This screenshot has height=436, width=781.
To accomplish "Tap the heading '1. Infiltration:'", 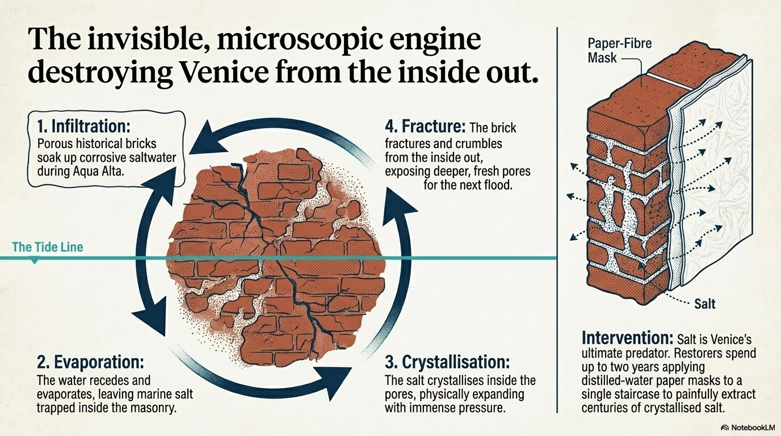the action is pos(83,126).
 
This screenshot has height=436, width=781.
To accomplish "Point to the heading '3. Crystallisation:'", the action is pos(447,363).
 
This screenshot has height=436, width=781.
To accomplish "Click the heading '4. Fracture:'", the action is pos(425,127).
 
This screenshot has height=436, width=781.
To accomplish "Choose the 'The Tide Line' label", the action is pos(48,247).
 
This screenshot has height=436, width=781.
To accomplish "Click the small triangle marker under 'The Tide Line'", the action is pos(34,261).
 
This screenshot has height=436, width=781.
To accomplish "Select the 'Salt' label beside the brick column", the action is pos(704,304).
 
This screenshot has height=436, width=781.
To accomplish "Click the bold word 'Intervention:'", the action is pos(628,338).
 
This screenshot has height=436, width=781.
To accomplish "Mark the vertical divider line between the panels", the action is pos(557,220).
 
